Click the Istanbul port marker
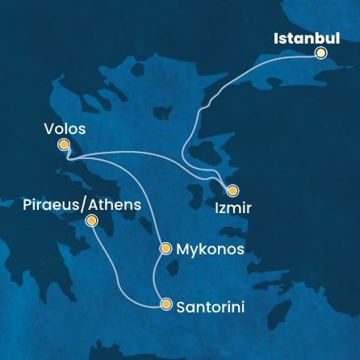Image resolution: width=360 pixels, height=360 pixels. (x=320, y=53)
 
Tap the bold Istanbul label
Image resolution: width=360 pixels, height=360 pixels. (x=306, y=38)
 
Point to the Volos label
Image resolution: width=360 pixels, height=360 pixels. (x=65, y=128)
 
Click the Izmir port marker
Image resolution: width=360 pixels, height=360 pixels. (x=232, y=190)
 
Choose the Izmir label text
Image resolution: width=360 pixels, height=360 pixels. (x=233, y=208)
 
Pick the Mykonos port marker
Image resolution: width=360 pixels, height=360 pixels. (x=165, y=249)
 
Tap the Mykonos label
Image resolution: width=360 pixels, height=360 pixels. (x=209, y=249)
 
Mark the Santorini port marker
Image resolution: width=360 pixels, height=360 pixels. (x=166, y=304)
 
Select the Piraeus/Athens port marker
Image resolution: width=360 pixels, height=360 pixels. (x=91, y=220)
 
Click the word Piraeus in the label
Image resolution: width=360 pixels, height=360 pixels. (x=52, y=205)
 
